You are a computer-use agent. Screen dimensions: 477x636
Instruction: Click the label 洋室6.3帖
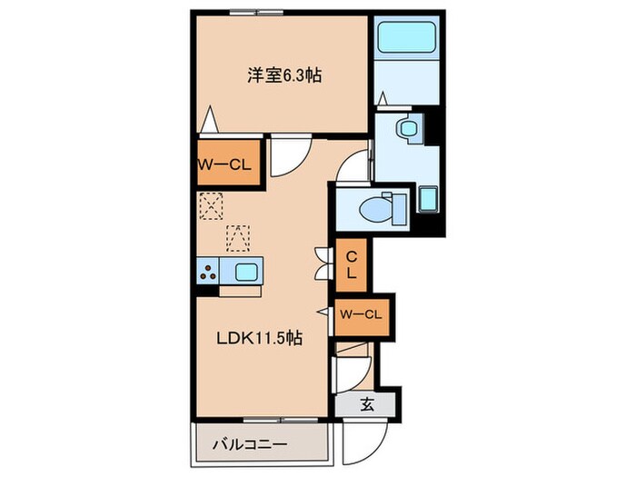pyautogui.click(x=284, y=75)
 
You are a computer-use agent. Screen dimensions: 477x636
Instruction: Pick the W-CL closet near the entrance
pyautogui.click(x=361, y=314)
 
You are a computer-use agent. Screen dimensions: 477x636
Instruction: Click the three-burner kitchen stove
pyautogui.click(x=208, y=271)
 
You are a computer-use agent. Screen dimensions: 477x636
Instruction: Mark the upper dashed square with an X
pyautogui.click(x=210, y=207)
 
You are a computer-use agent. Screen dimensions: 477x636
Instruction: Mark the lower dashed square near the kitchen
pyautogui.click(x=238, y=237)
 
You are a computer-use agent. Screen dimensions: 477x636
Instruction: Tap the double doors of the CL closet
pyautogui.click(x=321, y=263)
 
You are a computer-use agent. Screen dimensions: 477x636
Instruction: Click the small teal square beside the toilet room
pyautogui.click(x=429, y=197)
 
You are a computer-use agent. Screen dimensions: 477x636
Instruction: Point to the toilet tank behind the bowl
pyautogui.click(x=396, y=209)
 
